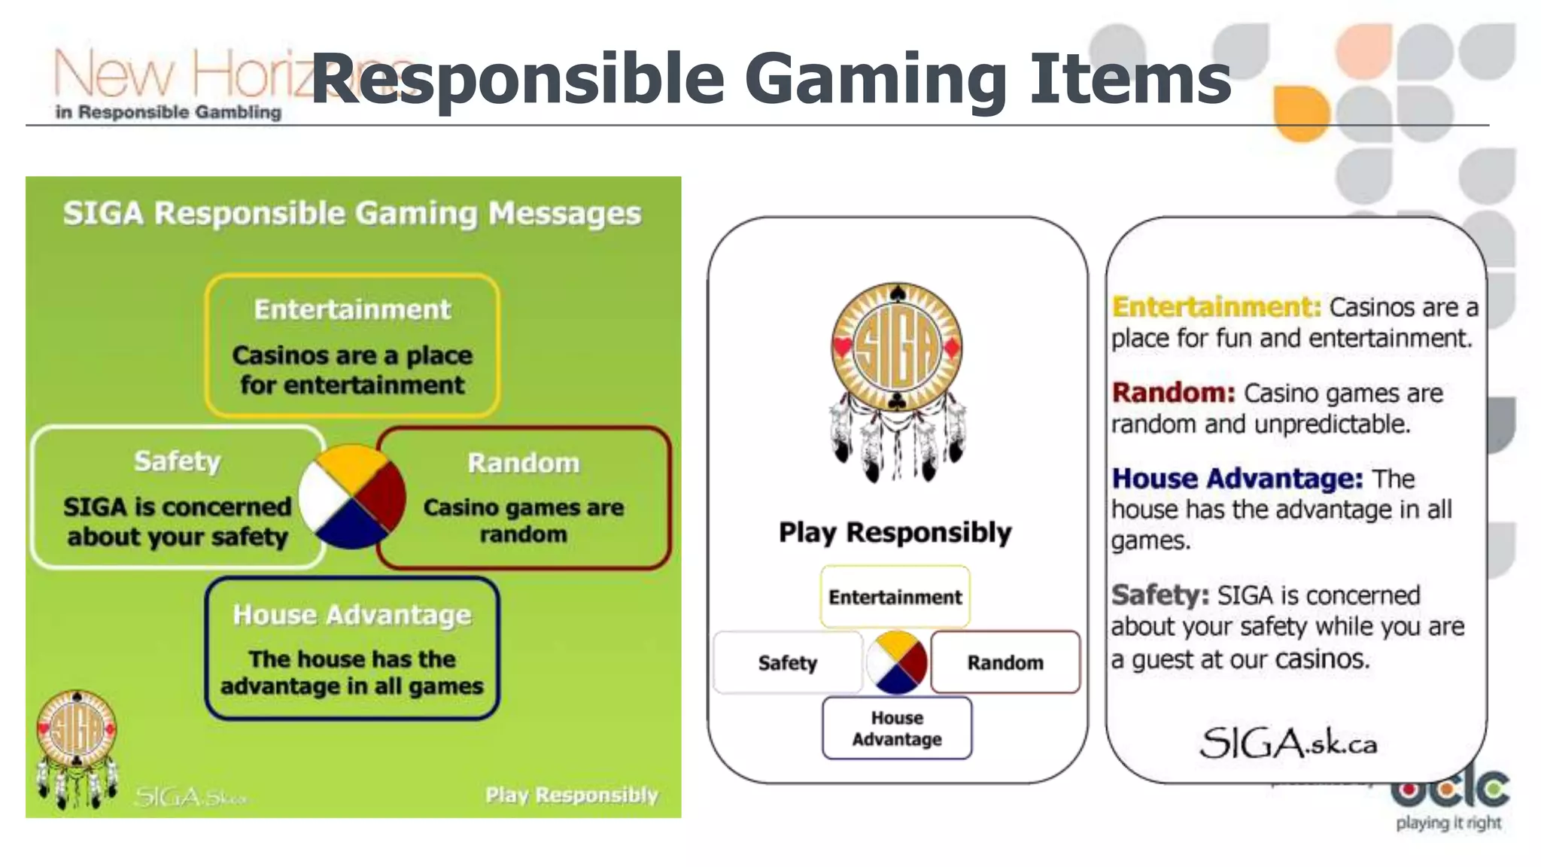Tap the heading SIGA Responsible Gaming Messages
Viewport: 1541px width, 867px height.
point(352,214)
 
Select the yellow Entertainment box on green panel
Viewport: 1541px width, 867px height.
point(352,345)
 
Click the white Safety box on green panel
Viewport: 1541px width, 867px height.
point(177,497)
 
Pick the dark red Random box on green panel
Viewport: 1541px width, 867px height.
point(524,497)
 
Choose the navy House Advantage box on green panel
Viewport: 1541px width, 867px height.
point(352,649)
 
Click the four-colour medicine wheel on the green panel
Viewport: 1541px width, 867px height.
point(352,497)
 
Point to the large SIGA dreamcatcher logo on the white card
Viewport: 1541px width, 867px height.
point(897,381)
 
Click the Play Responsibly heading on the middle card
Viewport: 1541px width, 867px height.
point(895,533)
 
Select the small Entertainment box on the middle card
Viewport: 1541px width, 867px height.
point(895,597)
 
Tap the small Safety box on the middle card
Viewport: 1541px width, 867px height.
point(788,662)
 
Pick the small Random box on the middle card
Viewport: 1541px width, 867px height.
point(1005,662)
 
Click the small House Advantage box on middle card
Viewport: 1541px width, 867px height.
point(897,728)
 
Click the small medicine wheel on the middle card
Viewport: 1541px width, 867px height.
point(896,662)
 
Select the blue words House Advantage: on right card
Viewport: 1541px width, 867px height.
point(1237,479)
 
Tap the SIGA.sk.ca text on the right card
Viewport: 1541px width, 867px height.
point(1288,744)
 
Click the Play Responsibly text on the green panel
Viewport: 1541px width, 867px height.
point(571,795)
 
